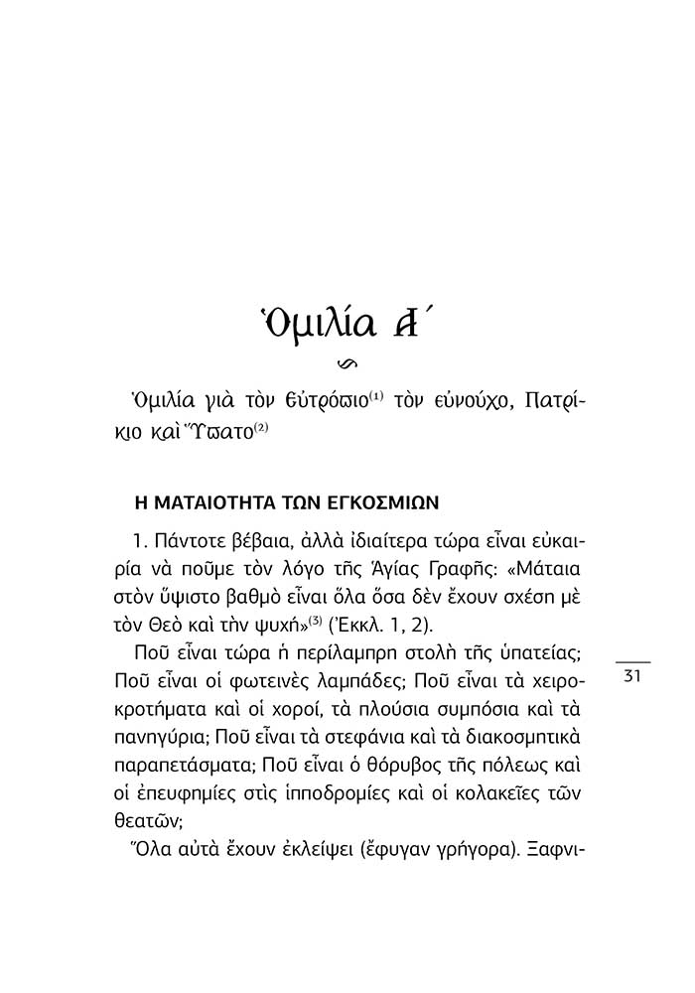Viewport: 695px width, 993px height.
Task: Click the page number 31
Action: pos(634,676)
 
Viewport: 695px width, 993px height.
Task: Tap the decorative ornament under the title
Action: pos(347,360)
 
